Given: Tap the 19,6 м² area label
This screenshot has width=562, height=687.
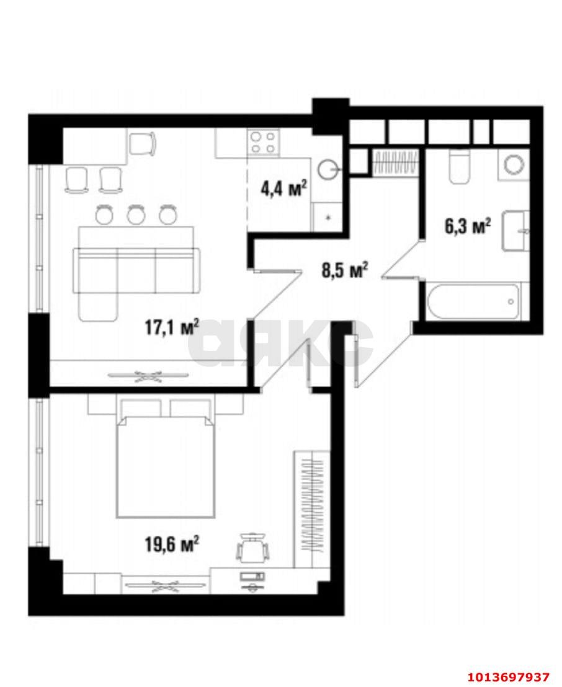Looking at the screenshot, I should tap(172, 544).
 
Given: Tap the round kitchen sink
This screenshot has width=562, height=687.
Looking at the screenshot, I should tap(328, 168).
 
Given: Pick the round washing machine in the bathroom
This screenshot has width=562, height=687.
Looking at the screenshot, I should tap(514, 164).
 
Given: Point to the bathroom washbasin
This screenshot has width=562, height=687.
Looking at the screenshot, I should tap(515, 231).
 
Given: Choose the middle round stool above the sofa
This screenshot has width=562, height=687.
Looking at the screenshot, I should tap(135, 215).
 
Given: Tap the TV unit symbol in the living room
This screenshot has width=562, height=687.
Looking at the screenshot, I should tap(148, 375).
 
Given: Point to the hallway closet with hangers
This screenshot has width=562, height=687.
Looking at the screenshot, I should tap(395, 163).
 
